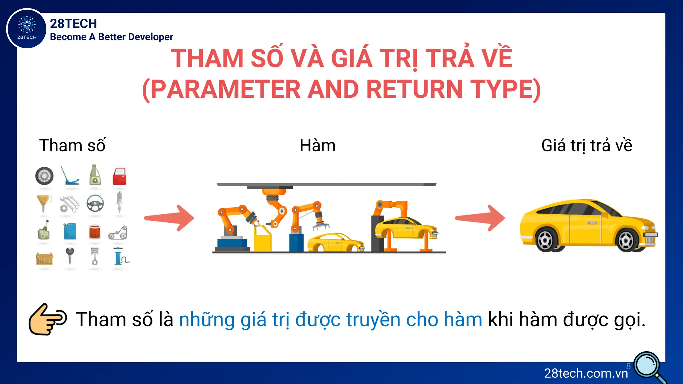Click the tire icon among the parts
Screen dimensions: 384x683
click(44, 176)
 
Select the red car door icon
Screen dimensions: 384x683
click(119, 176)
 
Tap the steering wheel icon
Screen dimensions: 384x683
click(95, 203)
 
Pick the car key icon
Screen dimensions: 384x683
click(70, 256)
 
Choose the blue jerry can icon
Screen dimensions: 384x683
click(70, 231)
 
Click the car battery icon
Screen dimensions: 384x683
click(44, 258)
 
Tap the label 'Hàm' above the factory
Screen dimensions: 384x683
click(317, 146)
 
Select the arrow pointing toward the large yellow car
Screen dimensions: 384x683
click(480, 218)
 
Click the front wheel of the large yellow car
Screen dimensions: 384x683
click(626, 240)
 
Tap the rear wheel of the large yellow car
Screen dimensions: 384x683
click(546, 240)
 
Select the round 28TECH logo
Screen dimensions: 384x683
click(27, 29)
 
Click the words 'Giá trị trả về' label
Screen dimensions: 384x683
click(587, 146)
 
